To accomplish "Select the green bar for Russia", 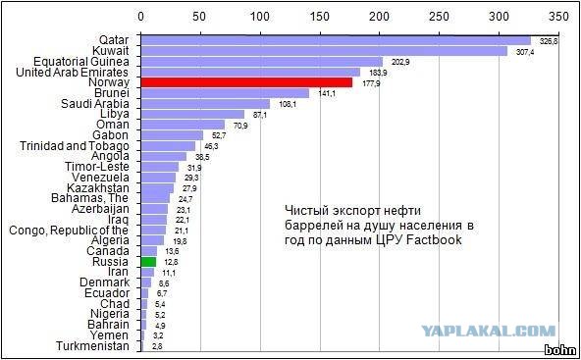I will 148,262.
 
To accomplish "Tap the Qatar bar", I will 336,40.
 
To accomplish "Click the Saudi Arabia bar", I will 205,103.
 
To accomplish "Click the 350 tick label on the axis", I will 558,18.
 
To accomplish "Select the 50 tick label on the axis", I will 201,18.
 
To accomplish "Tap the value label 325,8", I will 548,41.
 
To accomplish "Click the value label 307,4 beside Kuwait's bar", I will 526,51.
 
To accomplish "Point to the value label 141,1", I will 326,93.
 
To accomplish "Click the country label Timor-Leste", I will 96,167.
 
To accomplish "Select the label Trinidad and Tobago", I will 74,145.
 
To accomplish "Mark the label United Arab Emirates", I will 74,72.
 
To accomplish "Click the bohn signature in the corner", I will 558,349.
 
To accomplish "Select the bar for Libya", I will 193,114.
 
